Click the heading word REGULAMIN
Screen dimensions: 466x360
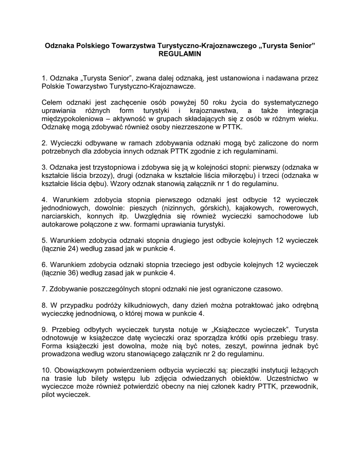(179, 54)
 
